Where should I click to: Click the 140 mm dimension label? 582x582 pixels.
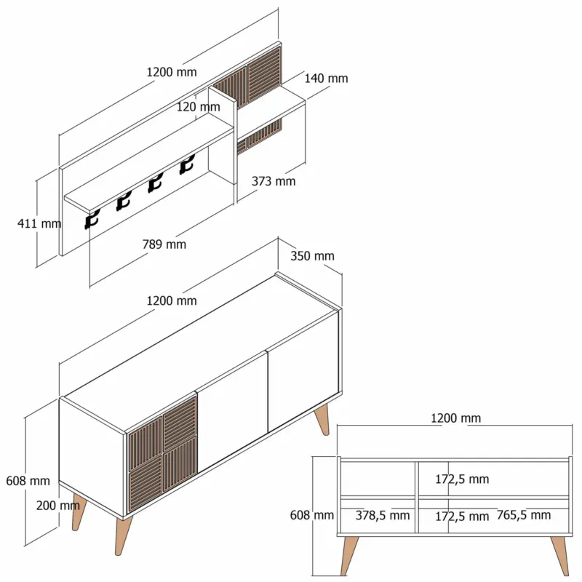click(x=326, y=79)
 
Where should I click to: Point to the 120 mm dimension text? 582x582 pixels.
click(x=198, y=107)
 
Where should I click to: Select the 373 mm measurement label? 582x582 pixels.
click(x=274, y=181)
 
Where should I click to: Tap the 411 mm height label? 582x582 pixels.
click(x=39, y=223)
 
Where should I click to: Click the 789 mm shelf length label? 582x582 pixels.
click(x=164, y=244)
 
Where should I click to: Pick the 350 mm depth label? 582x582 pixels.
click(x=312, y=256)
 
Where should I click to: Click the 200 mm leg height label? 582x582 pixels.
click(x=58, y=505)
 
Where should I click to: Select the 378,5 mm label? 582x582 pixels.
click(x=383, y=515)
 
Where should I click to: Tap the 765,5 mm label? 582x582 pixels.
click(x=524, y=515)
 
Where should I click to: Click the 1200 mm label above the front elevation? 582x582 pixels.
click(x=456, y=418)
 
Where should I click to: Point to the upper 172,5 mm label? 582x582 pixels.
click(x=462, y=479)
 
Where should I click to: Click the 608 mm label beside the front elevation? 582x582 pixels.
click(x=312, y=515)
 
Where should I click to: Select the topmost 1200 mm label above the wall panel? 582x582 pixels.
click(x=172, y=72)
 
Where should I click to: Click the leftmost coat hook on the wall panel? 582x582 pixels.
click(x=92, y=220)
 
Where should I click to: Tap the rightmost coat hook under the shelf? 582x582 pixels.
click(x=187, y=165)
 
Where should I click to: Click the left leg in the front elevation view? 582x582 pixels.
click(x=349, y=555)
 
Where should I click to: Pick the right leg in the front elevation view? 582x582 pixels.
click(x=560, y=555)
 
